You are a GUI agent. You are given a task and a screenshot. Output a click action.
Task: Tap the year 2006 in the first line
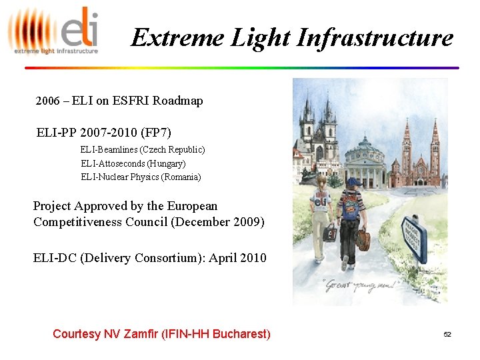pos(48,101)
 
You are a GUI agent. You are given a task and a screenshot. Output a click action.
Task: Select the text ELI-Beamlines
pos(109,149)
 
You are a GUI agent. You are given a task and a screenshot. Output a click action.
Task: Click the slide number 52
pos(447,334)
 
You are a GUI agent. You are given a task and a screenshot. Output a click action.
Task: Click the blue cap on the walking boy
pos(354,181)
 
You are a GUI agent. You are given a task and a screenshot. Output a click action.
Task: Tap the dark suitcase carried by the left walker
pos(329,233)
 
